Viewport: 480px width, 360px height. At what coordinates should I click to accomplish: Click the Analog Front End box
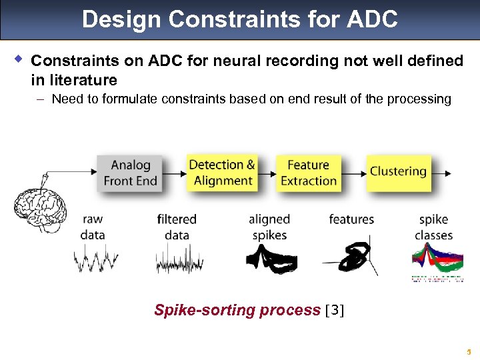(x=130, y=173)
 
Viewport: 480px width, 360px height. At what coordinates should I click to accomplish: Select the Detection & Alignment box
(x=222, y=173)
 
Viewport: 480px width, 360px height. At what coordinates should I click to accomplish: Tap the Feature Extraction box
(x=308, y=173)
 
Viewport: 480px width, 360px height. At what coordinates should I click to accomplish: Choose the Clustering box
(x=398, y=171)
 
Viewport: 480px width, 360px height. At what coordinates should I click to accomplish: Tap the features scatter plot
(x=351, y=257)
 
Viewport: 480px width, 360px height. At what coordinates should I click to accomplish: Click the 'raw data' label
(x=93, y=227)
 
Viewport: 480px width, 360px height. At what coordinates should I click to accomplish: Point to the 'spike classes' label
(x=433, y=227)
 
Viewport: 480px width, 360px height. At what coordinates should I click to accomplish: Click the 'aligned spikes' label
(x=269, y=227)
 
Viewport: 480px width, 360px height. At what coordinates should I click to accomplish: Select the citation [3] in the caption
(x=334, y=311)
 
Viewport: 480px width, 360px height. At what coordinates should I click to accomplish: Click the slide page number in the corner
(x=469, y=351)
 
